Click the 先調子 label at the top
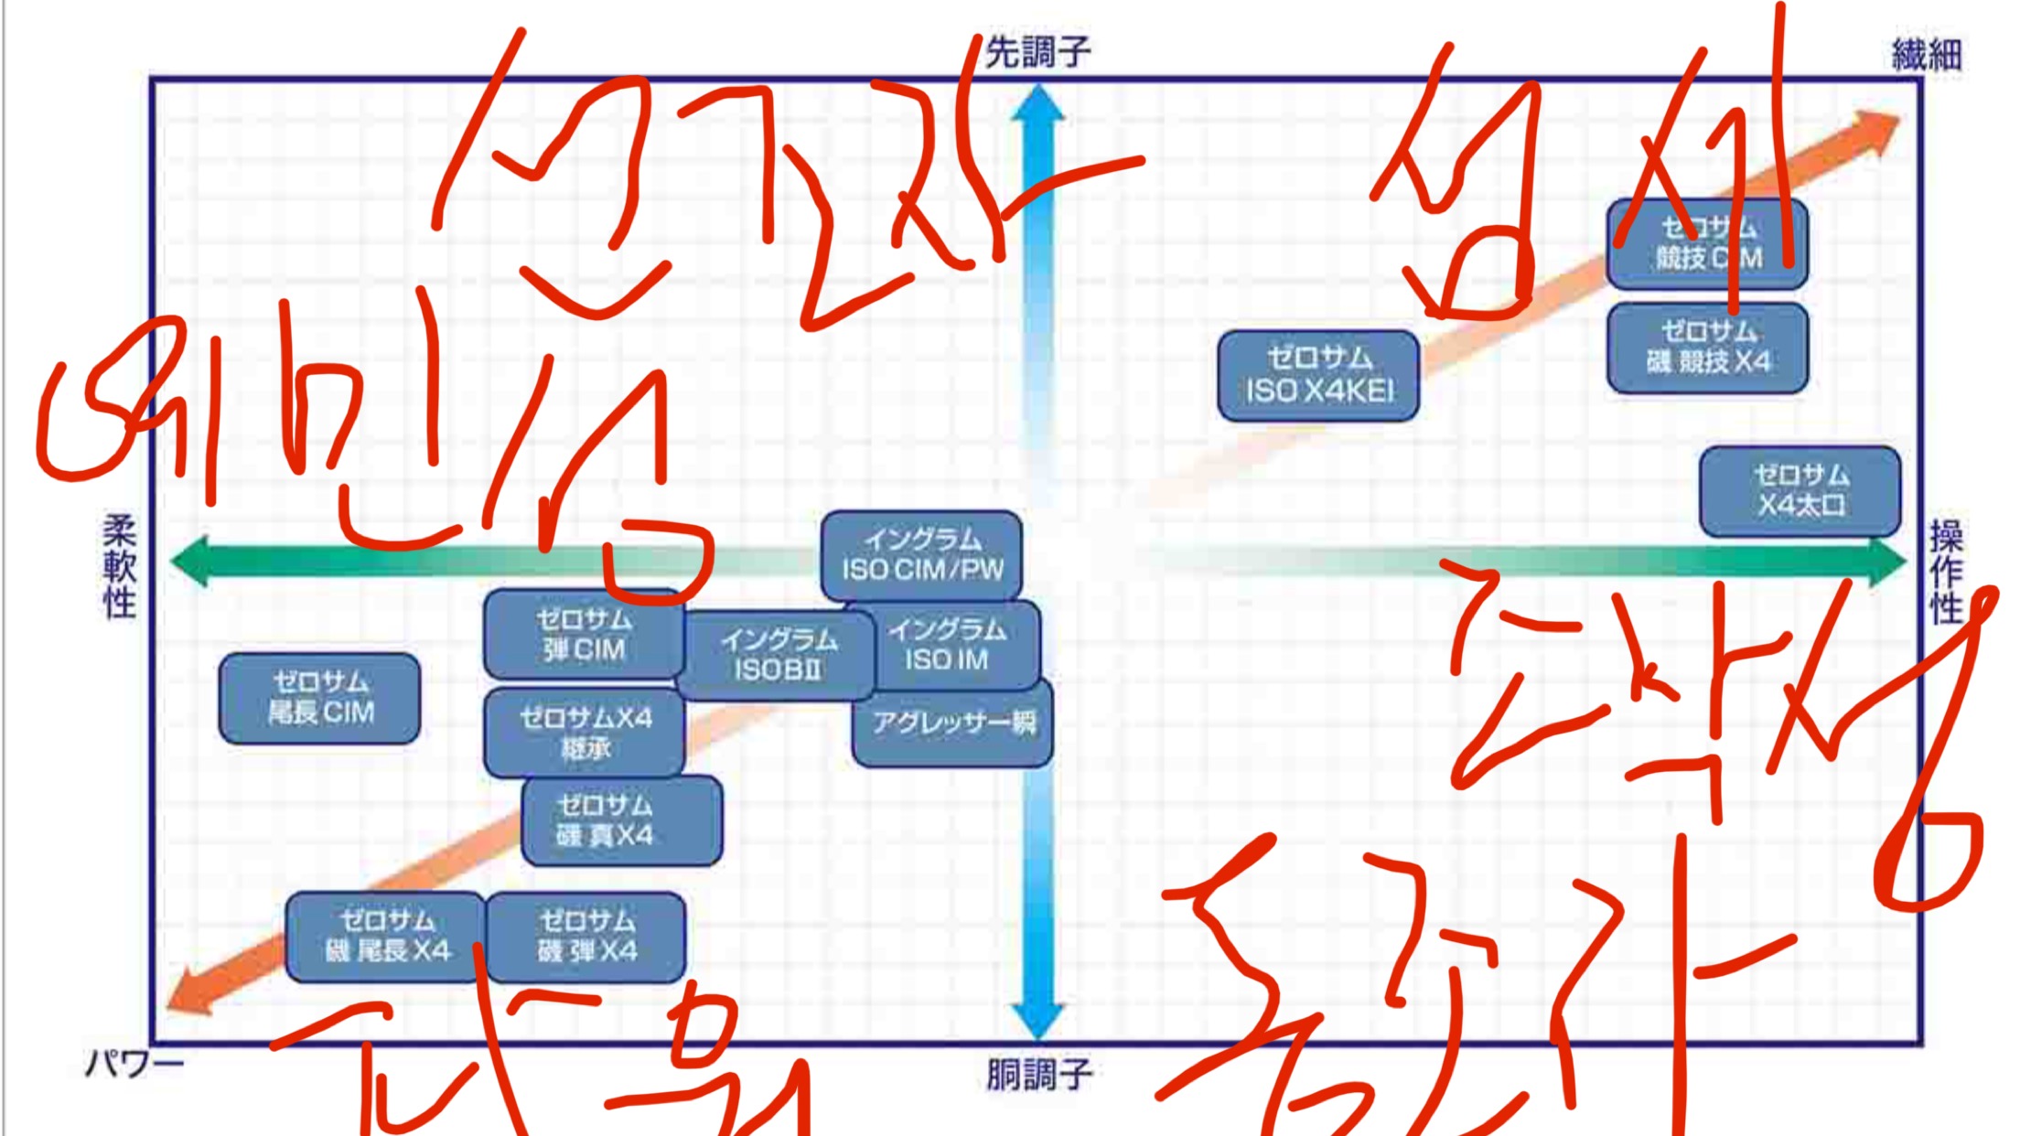pos(1038,52)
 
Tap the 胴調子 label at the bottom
pos(1039,1075)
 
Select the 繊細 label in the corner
pos(1926,55)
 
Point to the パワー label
pos(134,1064)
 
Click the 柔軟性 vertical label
pos(120,566)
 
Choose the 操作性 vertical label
pos(1946,572)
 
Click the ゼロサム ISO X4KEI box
pos(1318,376)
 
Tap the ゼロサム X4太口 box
pos(1800,490)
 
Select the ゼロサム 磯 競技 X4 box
pos(1707,348)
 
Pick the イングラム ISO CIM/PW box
pos(921,555)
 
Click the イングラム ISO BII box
pos(776,655)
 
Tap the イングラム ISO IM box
pos(951,645)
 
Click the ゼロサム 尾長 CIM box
pos(320,698)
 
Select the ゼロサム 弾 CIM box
pos(584,635)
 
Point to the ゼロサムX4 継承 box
pos(585,733)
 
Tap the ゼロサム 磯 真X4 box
pos(622,820)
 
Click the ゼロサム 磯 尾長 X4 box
pos(386,937)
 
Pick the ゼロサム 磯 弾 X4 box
pos(586,937)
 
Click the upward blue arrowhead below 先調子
pos(1038,103)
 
